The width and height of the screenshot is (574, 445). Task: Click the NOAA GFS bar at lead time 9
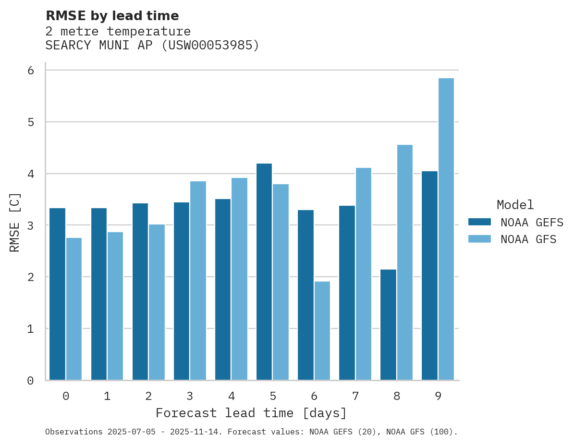pos(446,229)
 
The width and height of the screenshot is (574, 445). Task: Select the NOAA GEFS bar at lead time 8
pos(388,325)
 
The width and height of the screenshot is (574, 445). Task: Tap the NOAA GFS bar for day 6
pos(322,330)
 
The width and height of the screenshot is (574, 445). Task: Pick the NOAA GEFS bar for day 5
pos(264,272)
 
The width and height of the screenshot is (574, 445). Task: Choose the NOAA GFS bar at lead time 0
pos(74,309)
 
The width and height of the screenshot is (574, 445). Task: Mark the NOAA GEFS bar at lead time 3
pos(182,291)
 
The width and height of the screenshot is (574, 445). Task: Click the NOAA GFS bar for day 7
pos(363,274)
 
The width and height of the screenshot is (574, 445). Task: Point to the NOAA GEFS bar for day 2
pos(140,292)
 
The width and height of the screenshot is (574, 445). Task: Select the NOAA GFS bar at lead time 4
pos(239,279)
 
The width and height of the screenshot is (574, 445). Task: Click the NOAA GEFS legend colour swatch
pos(479,222)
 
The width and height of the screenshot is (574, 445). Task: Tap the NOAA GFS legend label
pos(528,239)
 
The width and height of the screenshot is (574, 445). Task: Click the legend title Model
pos(515,205)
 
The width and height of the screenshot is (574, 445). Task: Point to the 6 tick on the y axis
pos(31,70)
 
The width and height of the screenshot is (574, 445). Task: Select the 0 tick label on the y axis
pos(31,381)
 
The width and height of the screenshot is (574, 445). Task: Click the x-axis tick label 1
pos(107,396)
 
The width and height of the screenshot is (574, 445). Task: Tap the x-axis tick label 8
pos(397,396)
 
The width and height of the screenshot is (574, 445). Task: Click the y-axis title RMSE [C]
pos(15,222)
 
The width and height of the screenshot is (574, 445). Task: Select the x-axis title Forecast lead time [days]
pos(251,413)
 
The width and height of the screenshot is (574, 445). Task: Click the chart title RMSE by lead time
pos(112,16)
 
